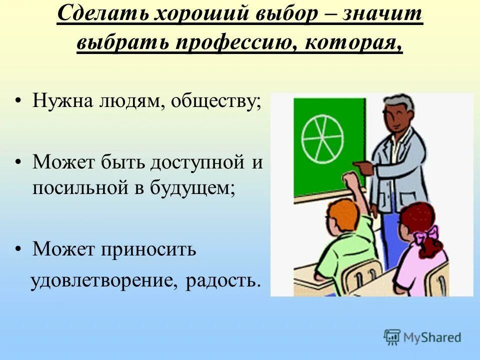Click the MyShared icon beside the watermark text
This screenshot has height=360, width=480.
392,337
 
